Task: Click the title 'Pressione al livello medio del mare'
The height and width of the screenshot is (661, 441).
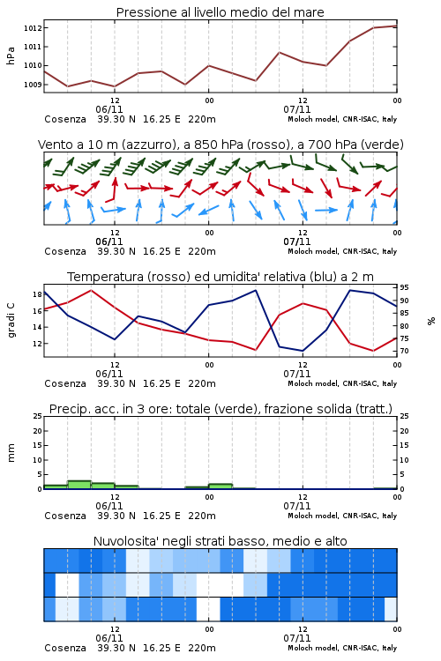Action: [220, 12]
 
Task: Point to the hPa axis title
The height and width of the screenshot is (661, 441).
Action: [11, 56]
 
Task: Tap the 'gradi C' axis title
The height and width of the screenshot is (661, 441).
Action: [11, 321]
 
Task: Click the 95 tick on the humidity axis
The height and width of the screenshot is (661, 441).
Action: [404, 287]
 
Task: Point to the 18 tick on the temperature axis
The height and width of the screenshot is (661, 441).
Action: [37, 294]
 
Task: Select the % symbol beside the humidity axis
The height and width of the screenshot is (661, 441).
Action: [431, 321]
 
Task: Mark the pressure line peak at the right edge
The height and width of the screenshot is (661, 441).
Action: [396, 26]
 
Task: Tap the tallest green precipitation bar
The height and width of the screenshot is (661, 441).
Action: [79, 485]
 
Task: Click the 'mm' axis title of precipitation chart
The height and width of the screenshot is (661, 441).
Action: [11, 453]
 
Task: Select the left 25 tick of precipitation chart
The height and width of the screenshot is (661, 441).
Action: [38, 417]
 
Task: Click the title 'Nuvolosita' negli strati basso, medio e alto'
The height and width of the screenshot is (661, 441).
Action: [220, 541]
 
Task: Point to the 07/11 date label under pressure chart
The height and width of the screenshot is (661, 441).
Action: [297, 109]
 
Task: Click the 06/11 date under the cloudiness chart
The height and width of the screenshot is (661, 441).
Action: [109, 638]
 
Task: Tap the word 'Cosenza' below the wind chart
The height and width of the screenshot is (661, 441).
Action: [65, 252]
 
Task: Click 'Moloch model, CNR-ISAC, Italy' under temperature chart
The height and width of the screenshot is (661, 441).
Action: [342, 383]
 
